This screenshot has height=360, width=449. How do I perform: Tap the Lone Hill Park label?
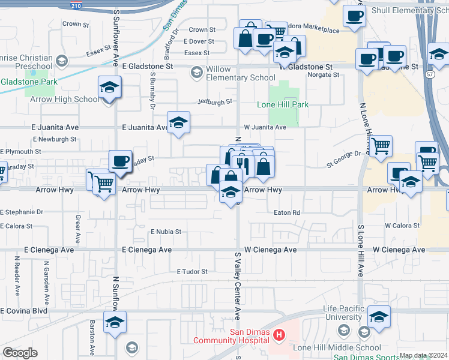coord(283,104)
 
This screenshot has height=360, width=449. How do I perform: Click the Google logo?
coord(20,353)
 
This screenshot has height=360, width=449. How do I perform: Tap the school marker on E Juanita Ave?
coord(178,123)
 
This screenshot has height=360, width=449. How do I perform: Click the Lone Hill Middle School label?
coord(336,347)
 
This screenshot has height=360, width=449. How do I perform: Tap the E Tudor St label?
coord(192,272)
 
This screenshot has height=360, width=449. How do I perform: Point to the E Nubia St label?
coord(166,231)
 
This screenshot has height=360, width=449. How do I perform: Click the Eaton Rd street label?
coord(286,212)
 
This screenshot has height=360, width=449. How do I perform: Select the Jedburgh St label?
coord(214,102)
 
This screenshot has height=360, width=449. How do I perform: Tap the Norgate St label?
coord(323,75)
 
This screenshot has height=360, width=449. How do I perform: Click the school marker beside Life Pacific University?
coord(379,317)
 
